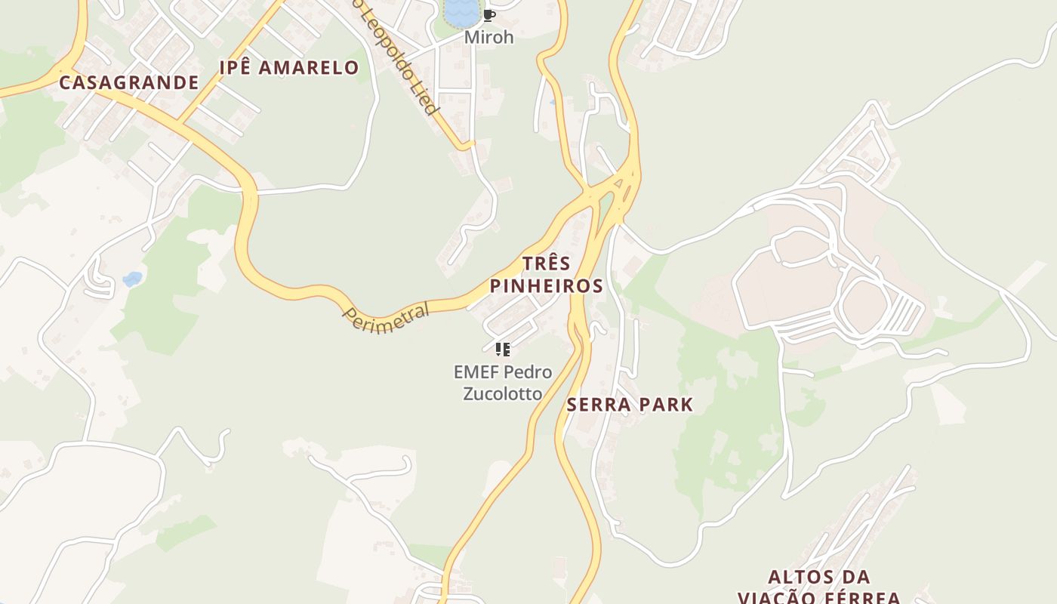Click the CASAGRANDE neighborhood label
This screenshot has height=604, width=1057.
click(x=128, y=82)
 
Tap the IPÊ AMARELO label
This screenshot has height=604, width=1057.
click(x=288, y=67)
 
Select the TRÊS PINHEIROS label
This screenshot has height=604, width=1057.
click(x=546, y=275)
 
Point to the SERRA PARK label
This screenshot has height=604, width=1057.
click(x=630, y=405)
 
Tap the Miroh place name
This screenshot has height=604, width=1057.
click(x=488, y=37)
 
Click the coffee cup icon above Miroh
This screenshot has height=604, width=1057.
click(x=488, y=14)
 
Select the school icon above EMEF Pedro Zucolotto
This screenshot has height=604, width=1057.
click(x=502, y=349)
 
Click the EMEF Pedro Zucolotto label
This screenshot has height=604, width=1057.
click(x=502, y=383)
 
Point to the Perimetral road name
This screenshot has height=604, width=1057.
click(x=387, y=317)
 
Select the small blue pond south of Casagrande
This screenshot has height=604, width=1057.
click(x=133, y=279)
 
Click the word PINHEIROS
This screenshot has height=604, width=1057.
click(x=546, y=286)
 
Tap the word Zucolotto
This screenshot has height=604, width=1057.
click(x=502, y=394)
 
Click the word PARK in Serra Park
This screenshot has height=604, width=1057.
click(x=664, y=405)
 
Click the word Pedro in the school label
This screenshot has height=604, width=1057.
click(x=527, y=372)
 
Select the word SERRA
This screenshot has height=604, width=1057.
click(x=599, y=405)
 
